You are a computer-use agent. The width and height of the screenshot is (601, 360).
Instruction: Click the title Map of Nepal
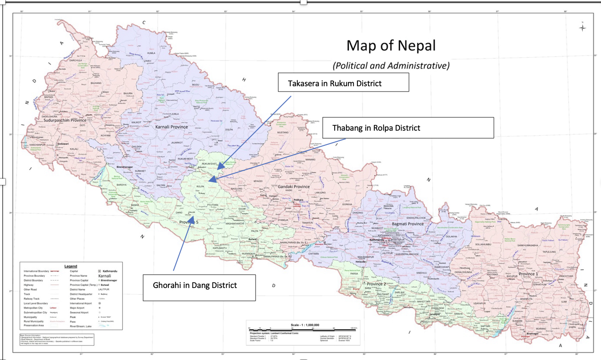(x=391, y=46)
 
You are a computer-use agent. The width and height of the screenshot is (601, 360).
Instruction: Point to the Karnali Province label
(x=172, y=127)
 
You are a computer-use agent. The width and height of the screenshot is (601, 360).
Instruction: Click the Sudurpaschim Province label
(x=65, y=120)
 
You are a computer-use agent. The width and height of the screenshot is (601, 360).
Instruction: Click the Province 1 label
(x=528, y=274)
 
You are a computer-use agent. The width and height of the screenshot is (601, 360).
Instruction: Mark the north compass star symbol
(x=582, y=28)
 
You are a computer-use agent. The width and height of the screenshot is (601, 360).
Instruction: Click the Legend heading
(x=71, y=266)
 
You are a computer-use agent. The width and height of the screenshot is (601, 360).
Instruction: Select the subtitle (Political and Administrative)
(x=391, y=65)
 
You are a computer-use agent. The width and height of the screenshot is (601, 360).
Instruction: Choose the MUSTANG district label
(x=283, y=133)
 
